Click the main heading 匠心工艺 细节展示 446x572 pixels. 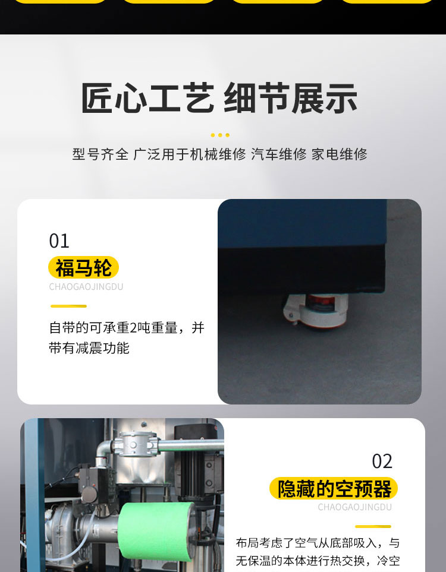coord(219,98)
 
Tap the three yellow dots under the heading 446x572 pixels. coord(220,135)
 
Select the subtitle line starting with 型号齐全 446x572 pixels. coord(219,154)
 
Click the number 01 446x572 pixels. coord(59,241)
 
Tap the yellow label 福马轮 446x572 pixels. coord(83,267)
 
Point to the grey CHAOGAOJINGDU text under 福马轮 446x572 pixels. coord(86,287)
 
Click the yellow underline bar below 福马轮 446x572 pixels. coord(68,306)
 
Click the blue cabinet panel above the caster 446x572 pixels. coord(301,223)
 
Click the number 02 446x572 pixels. coord(382,462)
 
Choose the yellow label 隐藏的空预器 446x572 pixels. coord(334,488)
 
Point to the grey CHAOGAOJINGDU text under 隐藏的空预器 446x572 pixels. coord(354,507)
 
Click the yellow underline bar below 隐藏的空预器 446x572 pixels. coord(373,526)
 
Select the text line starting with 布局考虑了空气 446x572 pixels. coord(318,543)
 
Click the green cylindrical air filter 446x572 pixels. coord(156,531)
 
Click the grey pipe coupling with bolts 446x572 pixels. coord(136,444)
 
